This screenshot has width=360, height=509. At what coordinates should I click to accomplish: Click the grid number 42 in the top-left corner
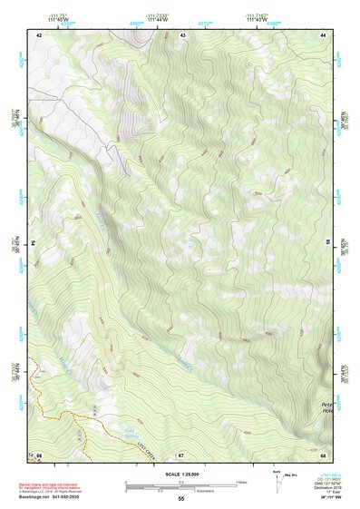coord(39,34)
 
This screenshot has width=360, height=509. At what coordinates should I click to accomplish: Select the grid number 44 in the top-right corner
coord(324,34)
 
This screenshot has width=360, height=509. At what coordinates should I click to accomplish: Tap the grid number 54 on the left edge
coord(34,243)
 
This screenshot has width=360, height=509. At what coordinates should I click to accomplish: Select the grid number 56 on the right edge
coord(329,243)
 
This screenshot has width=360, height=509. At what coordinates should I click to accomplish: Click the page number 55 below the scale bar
coord(180,499)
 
